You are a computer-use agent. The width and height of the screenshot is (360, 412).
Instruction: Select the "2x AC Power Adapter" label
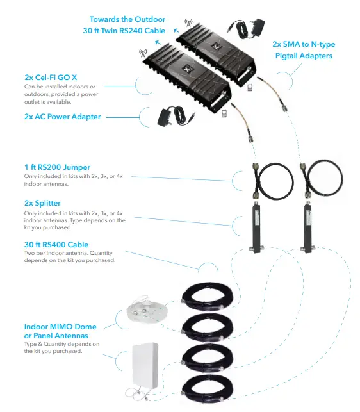point(63,117)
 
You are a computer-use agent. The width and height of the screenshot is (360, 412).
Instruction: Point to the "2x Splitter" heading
point(43,203)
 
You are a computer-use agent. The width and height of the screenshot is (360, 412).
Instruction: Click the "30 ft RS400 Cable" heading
point(56,244)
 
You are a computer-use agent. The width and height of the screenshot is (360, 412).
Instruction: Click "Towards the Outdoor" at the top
point(128,19)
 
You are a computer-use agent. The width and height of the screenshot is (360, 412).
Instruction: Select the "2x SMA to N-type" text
point(304,44)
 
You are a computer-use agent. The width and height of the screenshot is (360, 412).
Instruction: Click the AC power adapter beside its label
point(173,116)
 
